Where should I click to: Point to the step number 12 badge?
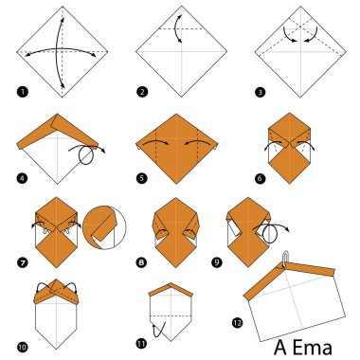pos(234,345)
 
